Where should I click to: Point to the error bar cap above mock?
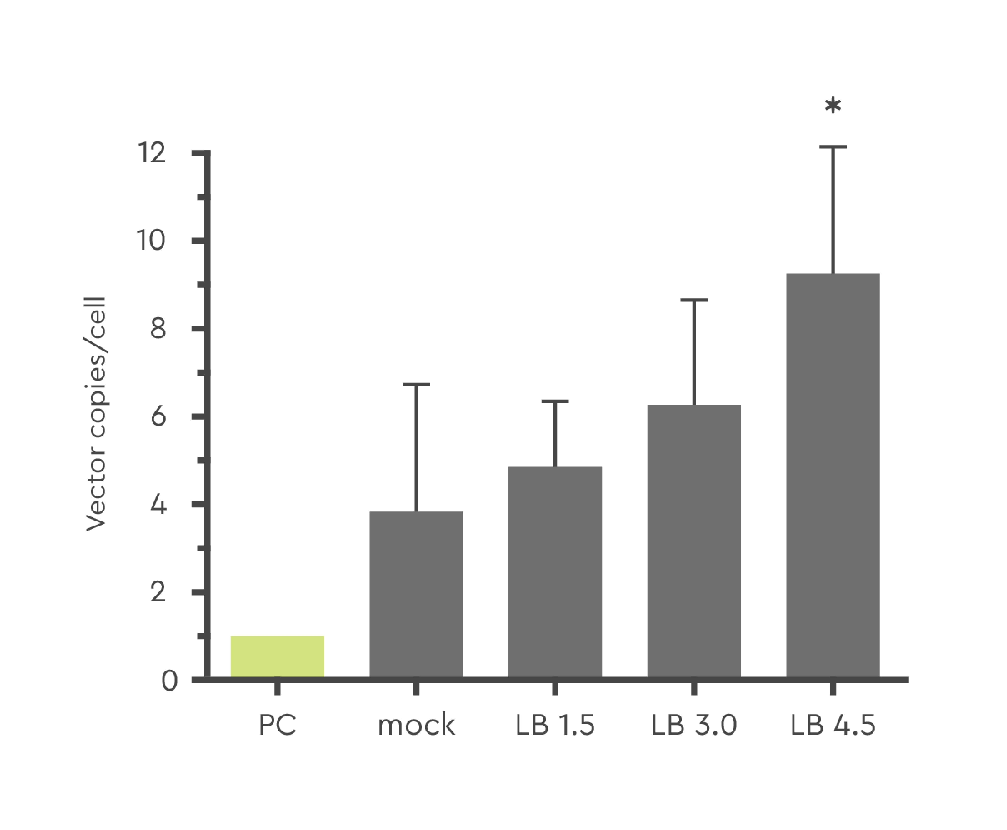coord(416,384)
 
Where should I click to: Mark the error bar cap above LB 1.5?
coord(555,401)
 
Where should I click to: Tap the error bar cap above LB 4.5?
coord(832,147)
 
